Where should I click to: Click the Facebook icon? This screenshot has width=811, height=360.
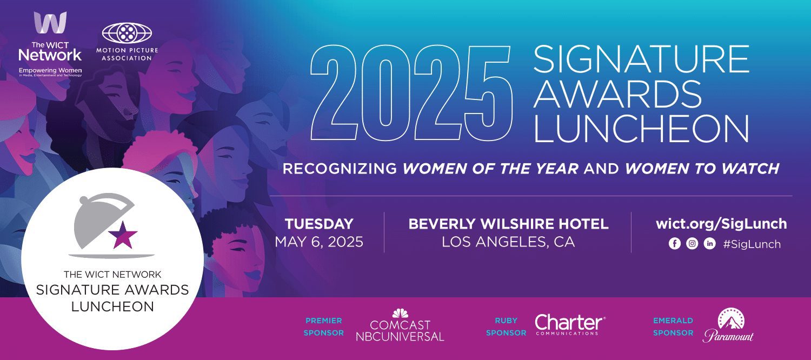pyautogui.click(x=675, y=243)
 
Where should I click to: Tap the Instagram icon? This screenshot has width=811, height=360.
pyautogui.click(x=692, y=243)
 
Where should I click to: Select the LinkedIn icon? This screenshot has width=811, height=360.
pyautogui.click(x=709, y=243)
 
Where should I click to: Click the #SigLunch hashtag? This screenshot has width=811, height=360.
pyautogui.click(x=752, y=244)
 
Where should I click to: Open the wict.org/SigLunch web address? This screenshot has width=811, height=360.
pyautogui.click(x=721, y=224)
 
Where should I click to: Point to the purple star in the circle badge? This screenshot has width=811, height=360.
pyautogui.click(x=123, y=236)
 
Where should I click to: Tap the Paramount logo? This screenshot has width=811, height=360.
pyautogui.click(x=728, y=325)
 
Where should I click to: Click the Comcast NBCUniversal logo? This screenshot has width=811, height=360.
pyautogui.click(x=400, y=325)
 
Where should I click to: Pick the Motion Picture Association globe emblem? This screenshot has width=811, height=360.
pyautogui.click(x=127, y=33)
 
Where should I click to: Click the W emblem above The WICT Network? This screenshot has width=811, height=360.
pyautogui.click(x=50, y=22)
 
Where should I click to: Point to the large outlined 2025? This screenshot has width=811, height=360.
pyautogui.click(x=411, y=92)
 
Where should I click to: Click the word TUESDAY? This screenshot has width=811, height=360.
pyautogui.click(x=319, y=224)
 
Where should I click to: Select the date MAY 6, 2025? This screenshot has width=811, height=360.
pyautogui.click(x=319, y=242)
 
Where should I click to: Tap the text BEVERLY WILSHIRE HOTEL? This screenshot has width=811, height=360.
pyautogui.click(x=508, y=224)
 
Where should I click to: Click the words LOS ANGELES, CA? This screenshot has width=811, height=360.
pyautogui.click(x=508, y=242)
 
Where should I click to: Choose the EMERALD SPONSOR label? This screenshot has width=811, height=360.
pyautogui.click(x=673, y=326)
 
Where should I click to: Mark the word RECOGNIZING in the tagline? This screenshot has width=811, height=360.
pyautogui.click(x=340, y=169)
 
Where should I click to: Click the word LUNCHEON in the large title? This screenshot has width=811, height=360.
pyautogui.click(x=641, y=129)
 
